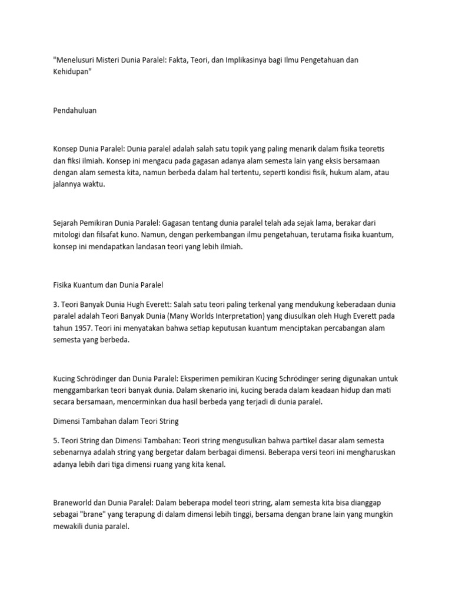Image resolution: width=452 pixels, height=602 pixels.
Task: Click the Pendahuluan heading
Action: tap(75, 110)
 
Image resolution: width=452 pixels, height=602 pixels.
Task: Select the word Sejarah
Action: tap(66, 223)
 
